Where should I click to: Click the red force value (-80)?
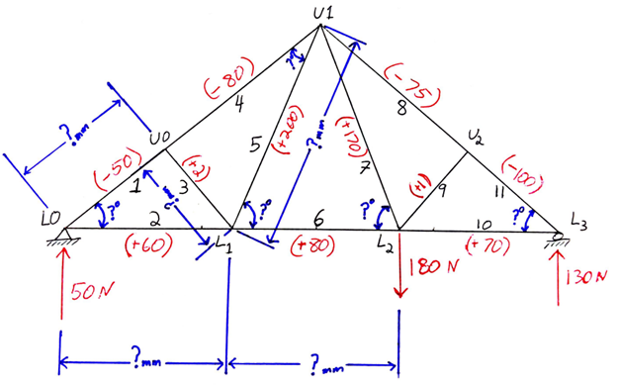click(x=229, y=82)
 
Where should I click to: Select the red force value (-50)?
click(x=116, y=163)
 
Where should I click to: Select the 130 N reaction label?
click(x=583, y=278)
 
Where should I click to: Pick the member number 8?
click(x=400, y=107)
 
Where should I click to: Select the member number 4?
click(x=237, y=106)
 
